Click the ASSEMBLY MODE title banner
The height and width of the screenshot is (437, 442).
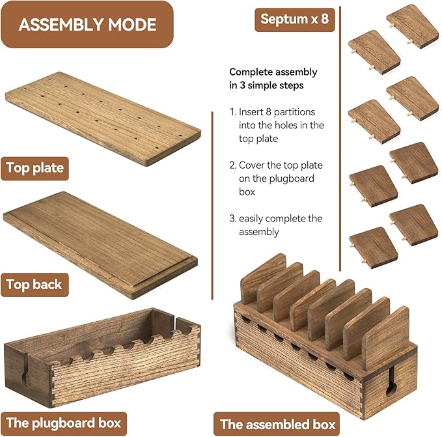(87, 25)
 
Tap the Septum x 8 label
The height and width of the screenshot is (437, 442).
(295, 20)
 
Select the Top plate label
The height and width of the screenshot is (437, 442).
(35, 168)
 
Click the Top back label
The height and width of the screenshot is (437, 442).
(35, 285)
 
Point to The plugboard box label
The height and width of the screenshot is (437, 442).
(64, 423)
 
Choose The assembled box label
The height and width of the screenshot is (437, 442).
(278, 424)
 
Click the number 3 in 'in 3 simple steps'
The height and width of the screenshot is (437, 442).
(242, 85)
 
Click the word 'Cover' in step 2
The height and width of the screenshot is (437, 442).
(252, 165)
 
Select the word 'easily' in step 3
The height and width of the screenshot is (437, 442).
(251, 219)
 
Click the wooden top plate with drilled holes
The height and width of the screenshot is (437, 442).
(103, 119)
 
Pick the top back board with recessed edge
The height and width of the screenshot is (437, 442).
(100, 246)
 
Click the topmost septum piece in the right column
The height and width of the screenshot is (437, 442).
(413, 26)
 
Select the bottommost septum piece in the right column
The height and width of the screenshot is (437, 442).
(413, 225)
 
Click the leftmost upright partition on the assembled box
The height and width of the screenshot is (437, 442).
(264, 278)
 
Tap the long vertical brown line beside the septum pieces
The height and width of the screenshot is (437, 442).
(340, 139)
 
